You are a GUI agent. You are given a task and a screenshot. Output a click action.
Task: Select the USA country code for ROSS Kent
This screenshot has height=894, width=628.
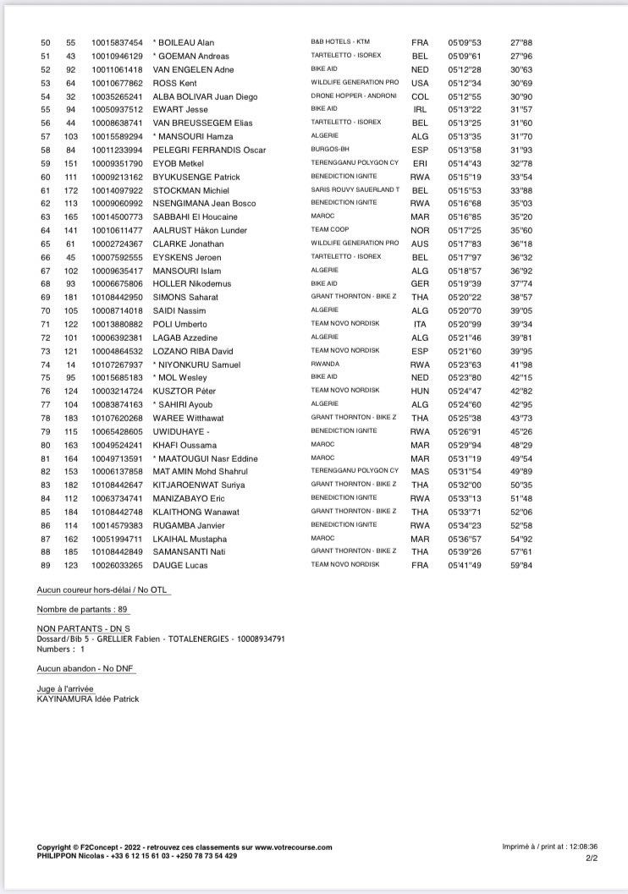(x=420, y=83)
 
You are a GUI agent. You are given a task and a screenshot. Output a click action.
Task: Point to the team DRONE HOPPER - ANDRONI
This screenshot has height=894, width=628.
(x=354, y=96)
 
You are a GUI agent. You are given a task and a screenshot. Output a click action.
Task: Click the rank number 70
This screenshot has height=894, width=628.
(x=46, y=311)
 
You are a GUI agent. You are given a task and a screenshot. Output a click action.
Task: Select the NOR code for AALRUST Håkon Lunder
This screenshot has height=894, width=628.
(x=421, y=230)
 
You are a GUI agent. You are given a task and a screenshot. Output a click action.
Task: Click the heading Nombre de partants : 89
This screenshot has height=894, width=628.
(x=82, y=610)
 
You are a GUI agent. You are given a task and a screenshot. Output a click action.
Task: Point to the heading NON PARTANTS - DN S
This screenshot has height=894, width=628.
(x=84, y=629)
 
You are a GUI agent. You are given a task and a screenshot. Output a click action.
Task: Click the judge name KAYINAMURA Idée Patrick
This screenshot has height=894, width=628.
(x=88, y=699)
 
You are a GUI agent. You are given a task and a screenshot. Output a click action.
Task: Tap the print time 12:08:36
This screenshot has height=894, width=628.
(x=581, y=846)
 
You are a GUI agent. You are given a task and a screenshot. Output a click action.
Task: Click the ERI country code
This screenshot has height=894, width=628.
(x=419, y=163)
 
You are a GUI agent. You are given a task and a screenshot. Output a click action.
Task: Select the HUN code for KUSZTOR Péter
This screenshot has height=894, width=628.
(x=420, y=392)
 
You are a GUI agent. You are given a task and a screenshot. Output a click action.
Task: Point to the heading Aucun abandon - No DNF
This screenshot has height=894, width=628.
(x=85, y=668)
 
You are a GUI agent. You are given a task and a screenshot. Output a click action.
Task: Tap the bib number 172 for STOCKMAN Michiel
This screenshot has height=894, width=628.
(x=71, y=190)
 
